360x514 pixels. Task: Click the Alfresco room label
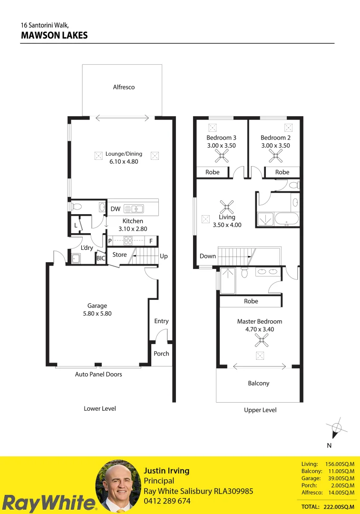point(124,87)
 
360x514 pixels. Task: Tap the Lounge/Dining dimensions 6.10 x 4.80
point(124,162)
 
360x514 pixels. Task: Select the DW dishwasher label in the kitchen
point(115,209)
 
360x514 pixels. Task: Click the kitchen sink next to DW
point(134,208)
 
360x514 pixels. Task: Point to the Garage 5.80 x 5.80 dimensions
point(97,314)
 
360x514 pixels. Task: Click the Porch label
point(161,354)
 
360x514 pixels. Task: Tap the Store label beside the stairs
point(120,255)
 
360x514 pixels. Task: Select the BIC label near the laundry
point(101,258)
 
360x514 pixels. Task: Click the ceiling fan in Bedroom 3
point(222,155)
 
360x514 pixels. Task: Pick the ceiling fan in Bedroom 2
point(275,155)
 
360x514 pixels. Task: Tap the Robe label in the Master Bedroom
point(251,301)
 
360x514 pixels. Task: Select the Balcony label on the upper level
point(259,383)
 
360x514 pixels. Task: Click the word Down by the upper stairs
point(208,256)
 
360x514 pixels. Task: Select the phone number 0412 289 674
point(167,501)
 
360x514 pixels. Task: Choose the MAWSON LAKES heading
point(54,35)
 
